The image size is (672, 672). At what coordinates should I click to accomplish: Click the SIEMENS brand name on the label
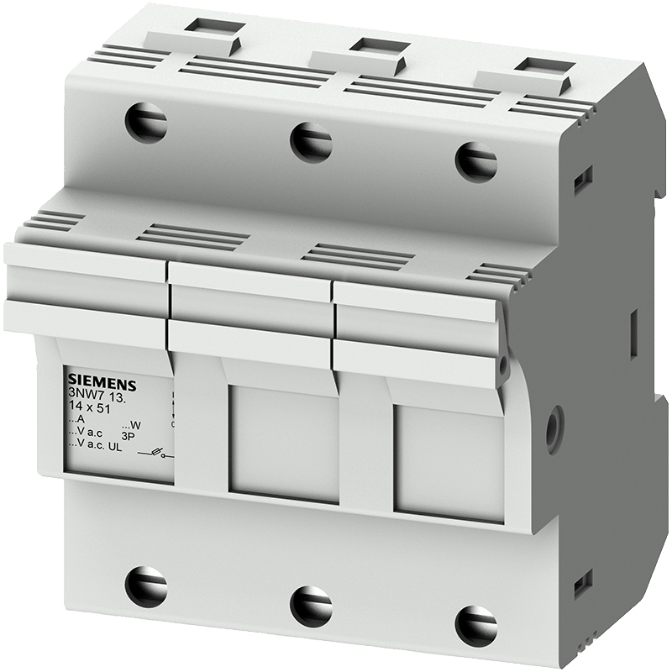[97, 375]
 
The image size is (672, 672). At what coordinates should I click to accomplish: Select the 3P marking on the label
[129, 435]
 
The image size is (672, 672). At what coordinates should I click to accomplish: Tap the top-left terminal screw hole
[145, 123]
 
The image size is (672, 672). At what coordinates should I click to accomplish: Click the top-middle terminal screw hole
[311, 140]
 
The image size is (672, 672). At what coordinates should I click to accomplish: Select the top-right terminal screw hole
[475, 160]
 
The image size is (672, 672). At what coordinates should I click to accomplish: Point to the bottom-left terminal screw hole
[145, 585]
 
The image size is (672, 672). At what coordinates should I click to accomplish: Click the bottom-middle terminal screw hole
[311, 605]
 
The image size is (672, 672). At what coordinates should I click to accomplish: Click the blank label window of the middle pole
[284, 444]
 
